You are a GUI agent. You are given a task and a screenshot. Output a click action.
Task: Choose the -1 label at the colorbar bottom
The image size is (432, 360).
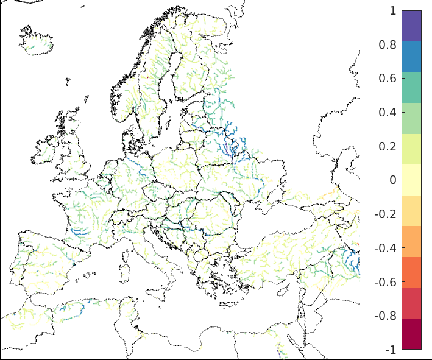(x=389, y=350)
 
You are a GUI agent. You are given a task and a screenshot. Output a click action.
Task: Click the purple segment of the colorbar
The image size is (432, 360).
(x=411, y=26)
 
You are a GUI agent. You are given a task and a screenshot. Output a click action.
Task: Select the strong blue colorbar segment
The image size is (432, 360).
(x=411, y=57)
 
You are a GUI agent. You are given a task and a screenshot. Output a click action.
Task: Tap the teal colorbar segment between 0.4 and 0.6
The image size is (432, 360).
(x=411, y=87)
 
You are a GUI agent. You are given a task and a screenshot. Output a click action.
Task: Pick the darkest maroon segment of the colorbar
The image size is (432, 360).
(x=411, y=334)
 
